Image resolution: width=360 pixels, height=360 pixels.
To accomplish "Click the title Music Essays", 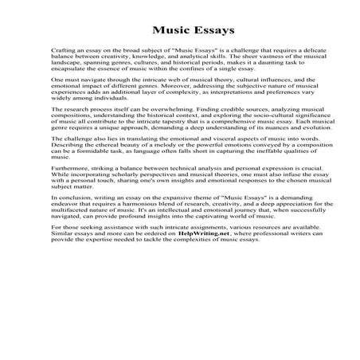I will tap(179, 32).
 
